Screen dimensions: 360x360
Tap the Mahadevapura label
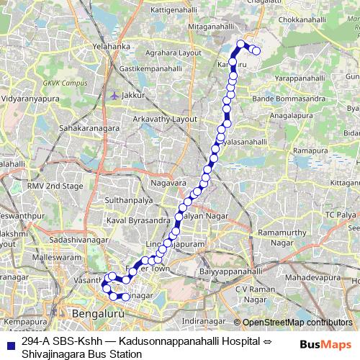315,276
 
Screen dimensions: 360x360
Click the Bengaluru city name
96,315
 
